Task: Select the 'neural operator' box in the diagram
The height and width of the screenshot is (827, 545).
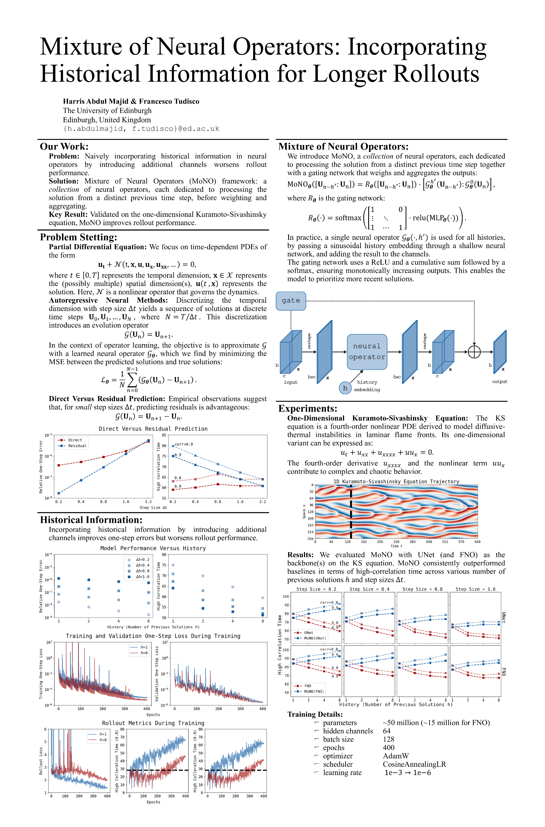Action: click(367, 351)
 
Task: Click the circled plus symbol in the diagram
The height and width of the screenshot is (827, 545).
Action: click(474, 352)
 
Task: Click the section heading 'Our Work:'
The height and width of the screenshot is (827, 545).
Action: click(64, 146)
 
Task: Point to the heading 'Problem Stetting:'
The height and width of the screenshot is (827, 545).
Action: click(79, 237)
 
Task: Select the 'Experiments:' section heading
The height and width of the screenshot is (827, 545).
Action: click(308, 408)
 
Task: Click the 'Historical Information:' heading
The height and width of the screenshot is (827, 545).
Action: click(91, 520)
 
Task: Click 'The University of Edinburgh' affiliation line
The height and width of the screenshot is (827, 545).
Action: click(107, 111)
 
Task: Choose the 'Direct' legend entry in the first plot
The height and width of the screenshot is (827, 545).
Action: click(75, 440)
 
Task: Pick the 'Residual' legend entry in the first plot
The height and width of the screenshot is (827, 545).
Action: click(77, 446)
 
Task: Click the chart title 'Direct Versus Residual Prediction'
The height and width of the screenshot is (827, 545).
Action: click(153, 429)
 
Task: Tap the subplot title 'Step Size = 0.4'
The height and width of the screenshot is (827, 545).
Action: click(369, 589)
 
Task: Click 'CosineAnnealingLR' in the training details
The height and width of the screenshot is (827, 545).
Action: click(414, 764)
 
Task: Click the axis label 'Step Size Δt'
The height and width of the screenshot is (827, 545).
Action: click(153, 507)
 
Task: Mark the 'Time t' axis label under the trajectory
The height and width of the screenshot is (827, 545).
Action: click(396, 546)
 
